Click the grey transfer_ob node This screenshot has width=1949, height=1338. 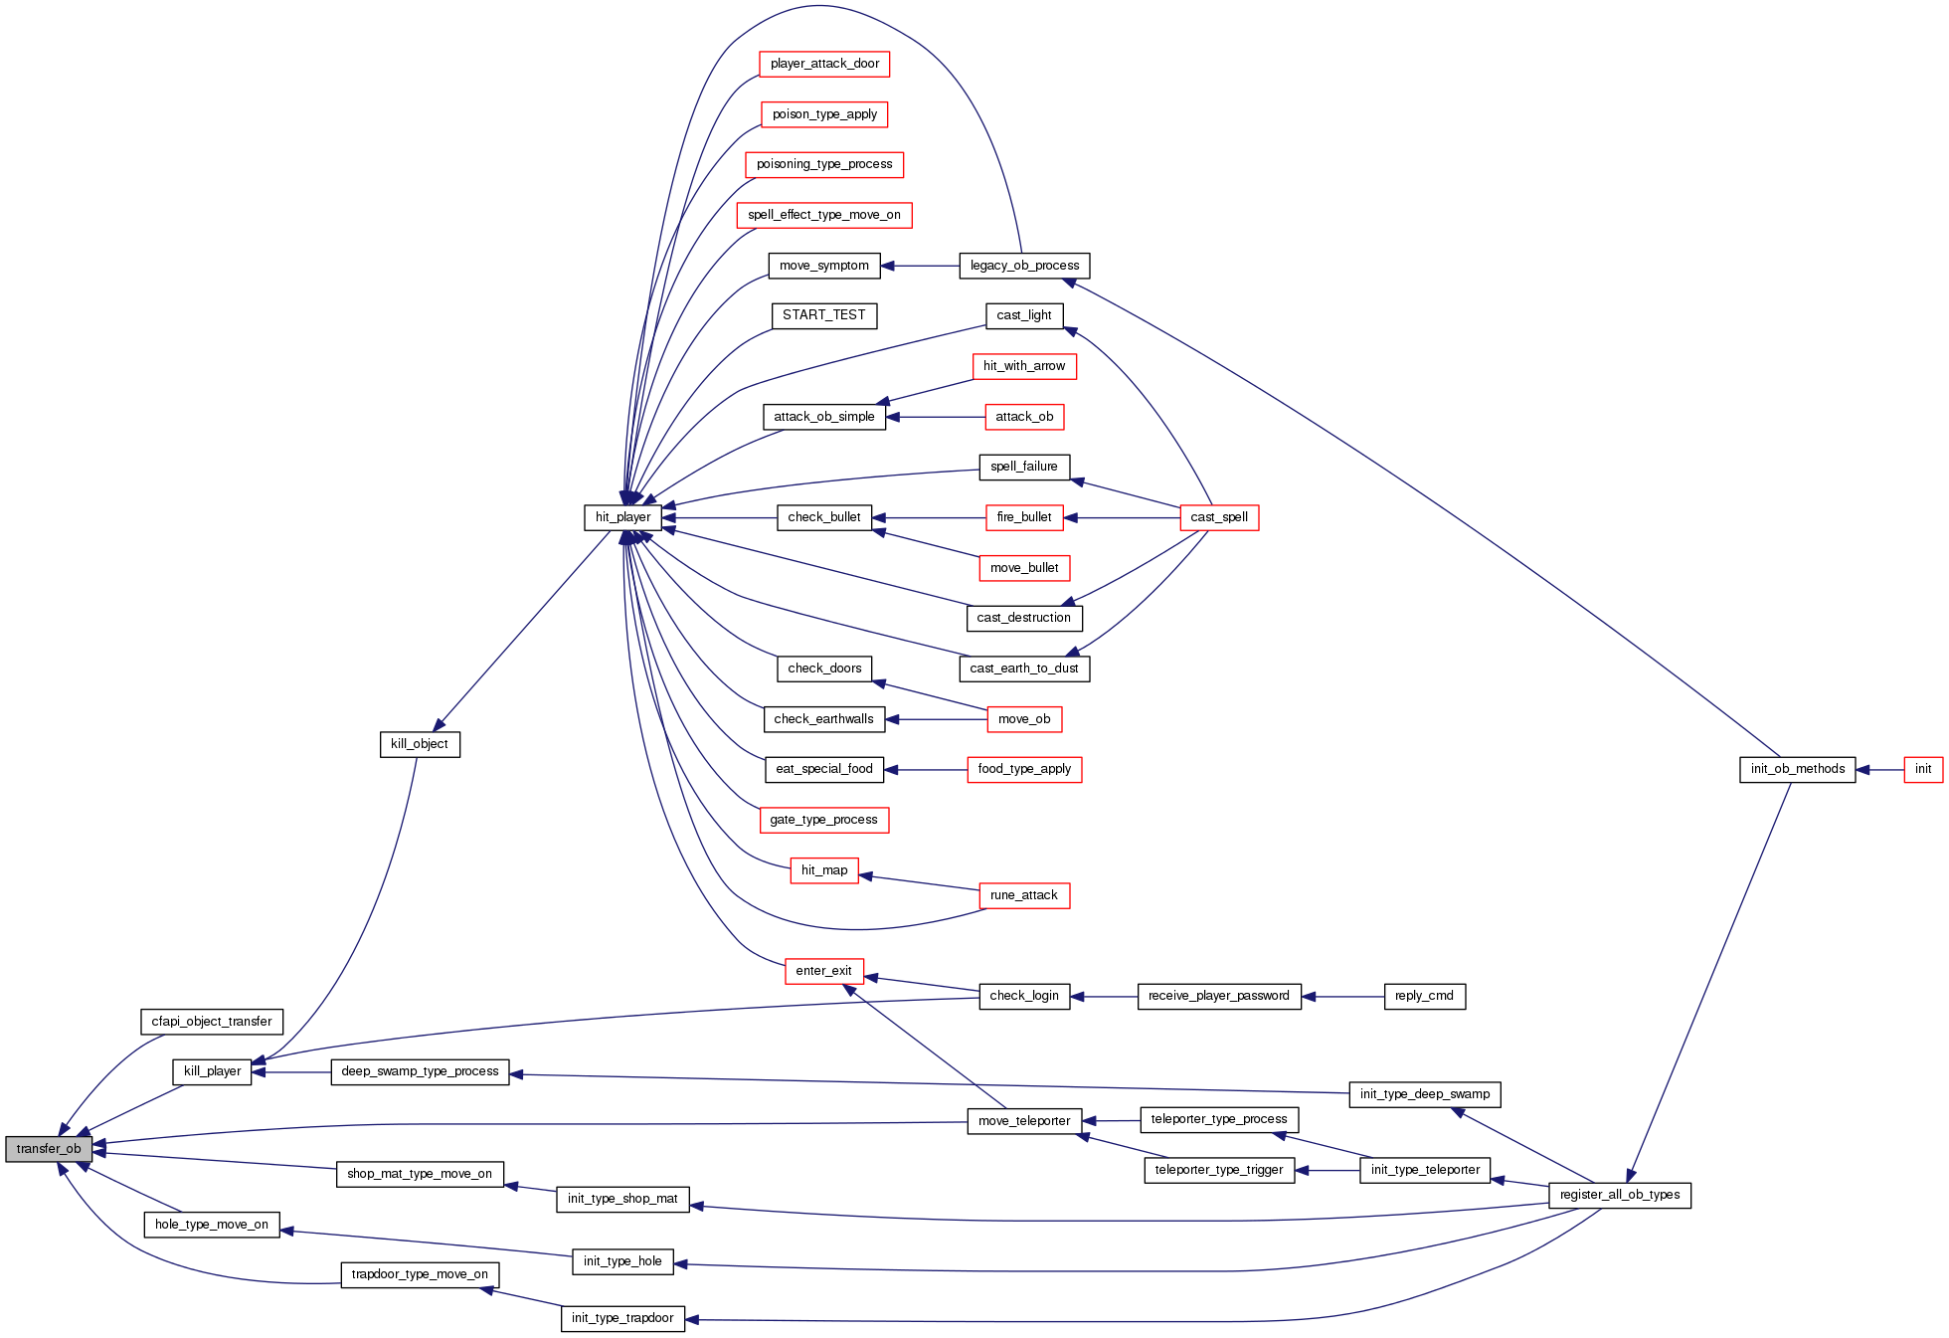click(x=49, y=1149)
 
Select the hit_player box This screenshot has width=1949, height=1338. click(x=622, y=517)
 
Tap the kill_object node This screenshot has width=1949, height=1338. click(x=419, y=744)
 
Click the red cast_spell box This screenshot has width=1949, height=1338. click(x=1218, y=517)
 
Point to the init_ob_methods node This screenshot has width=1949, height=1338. click(x=1797, y=769)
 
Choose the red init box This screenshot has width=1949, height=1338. click(x=1922, y=769)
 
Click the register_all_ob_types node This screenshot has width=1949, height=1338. click(x=1619, y=1195)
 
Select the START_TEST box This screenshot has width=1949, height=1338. click(x=823, y=315)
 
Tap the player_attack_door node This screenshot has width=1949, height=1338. click(x=824, y=64)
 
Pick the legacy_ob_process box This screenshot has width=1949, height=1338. click(x=1024, y=266)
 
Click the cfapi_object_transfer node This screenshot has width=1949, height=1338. click(x=211, y=1022)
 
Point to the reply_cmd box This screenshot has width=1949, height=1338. click(x=1424, y=996)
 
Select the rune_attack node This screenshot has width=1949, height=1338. click(x=1023, y=895)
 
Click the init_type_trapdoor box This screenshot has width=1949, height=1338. click(x=622, y=1318)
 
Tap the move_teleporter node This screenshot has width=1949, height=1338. click(x=1023, y=1121)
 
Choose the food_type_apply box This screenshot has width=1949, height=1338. click(x=1023, y=769)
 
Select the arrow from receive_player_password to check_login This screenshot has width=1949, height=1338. click(x=1104, y=996)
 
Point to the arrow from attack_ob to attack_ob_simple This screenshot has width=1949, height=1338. click(x=935, y=417)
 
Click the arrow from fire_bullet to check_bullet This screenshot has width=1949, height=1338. click(x=929, y=517)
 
